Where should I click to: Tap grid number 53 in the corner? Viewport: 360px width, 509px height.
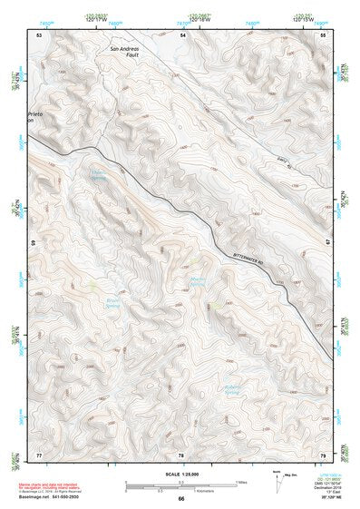point(39,34)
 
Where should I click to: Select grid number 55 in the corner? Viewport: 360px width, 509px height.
point(323,34)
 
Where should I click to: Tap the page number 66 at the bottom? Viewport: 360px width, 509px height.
point(180,498)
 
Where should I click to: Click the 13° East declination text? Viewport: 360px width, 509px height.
point(328,492)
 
